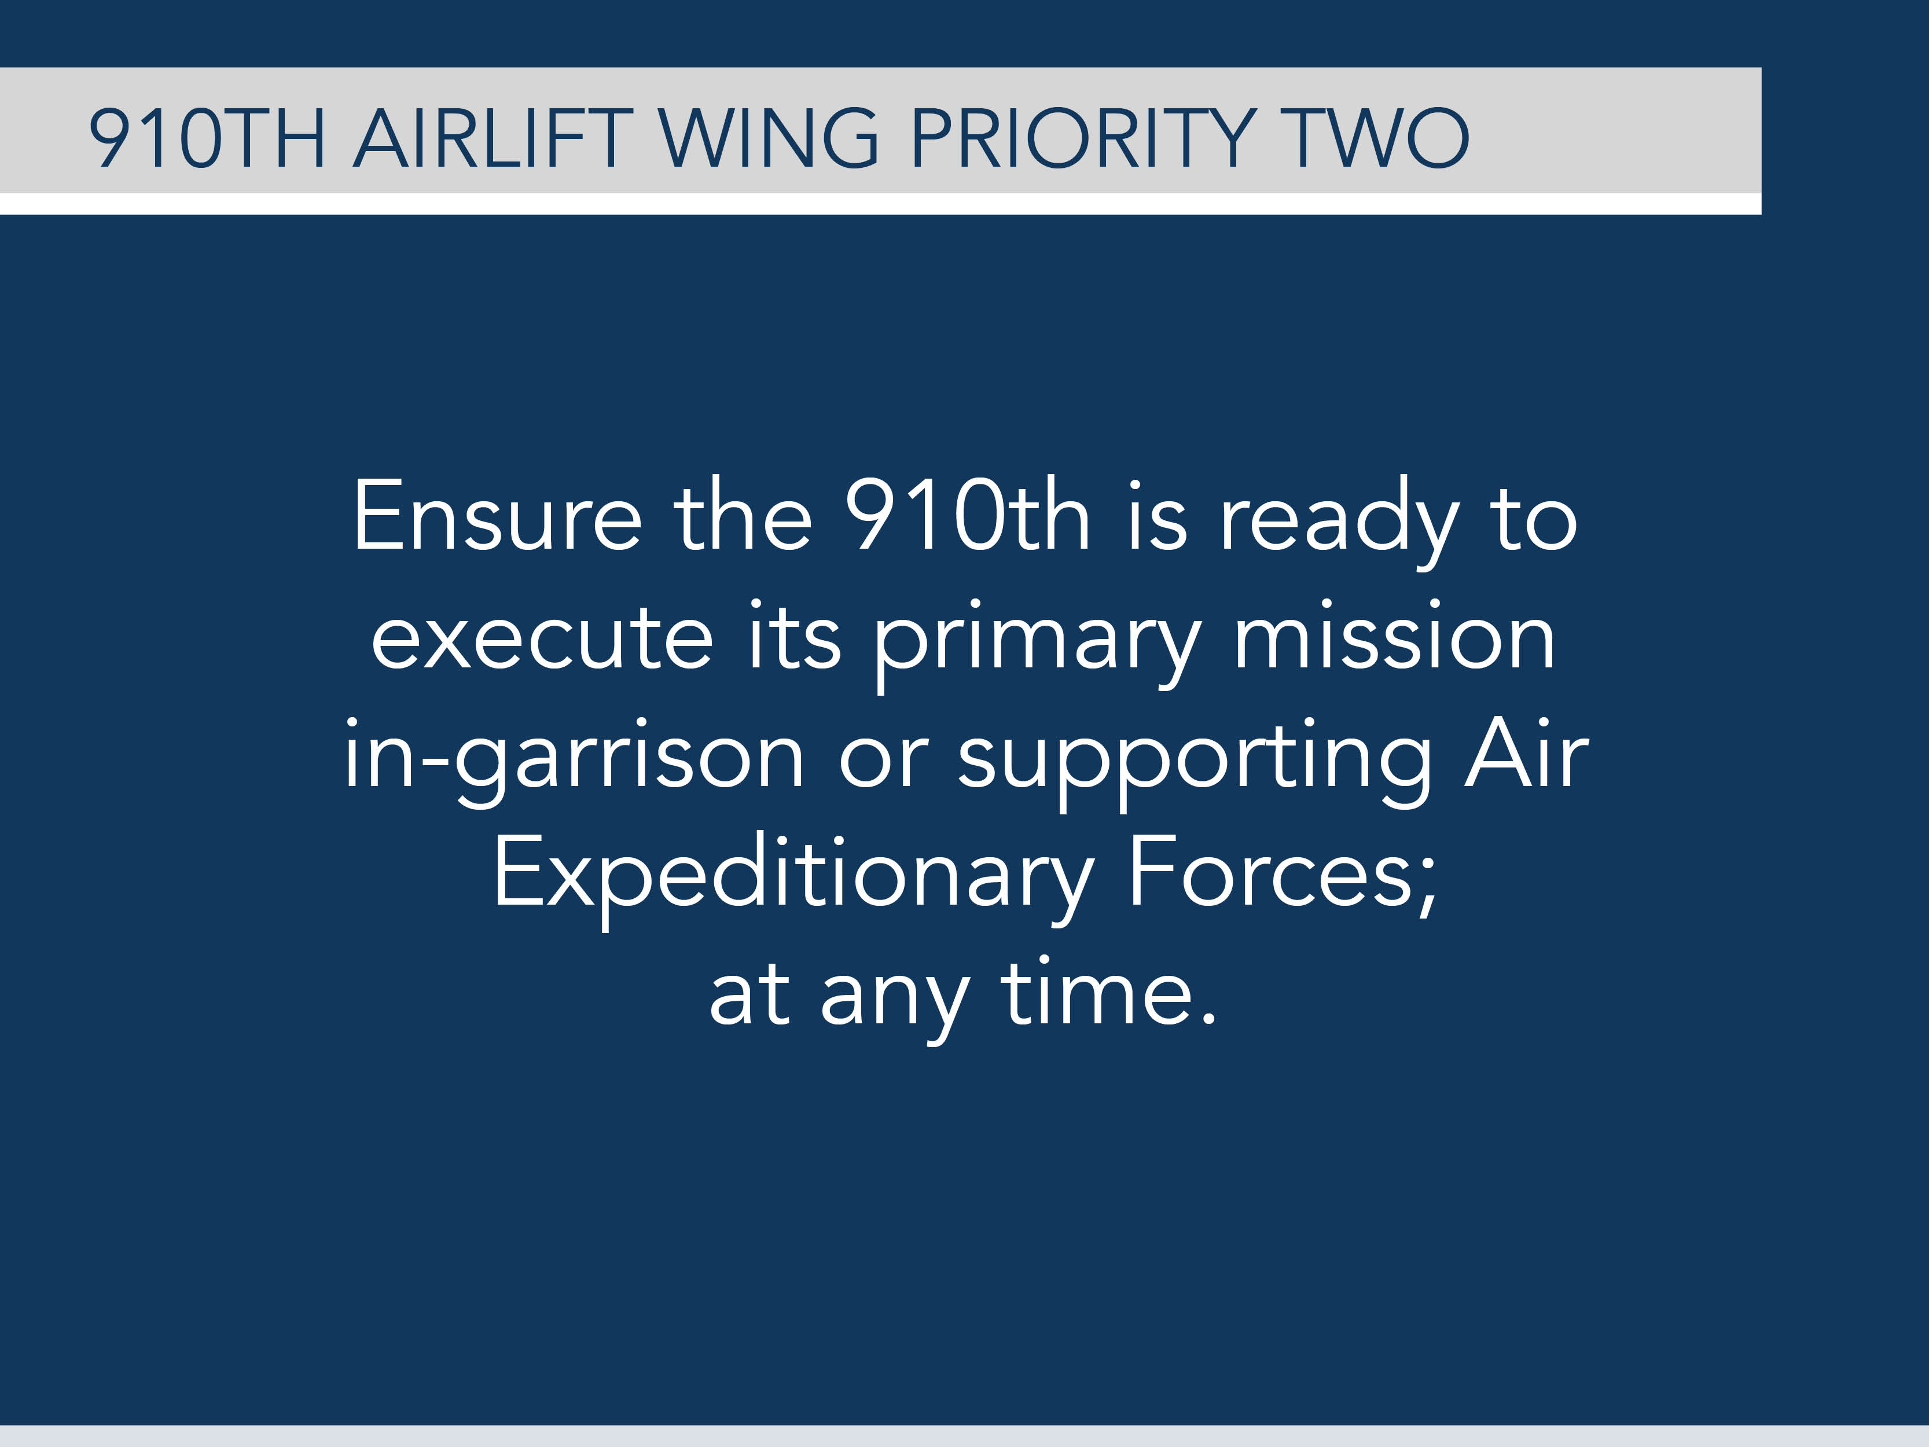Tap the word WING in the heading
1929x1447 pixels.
point(768,138)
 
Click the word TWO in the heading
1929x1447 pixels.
point(1379,138)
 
